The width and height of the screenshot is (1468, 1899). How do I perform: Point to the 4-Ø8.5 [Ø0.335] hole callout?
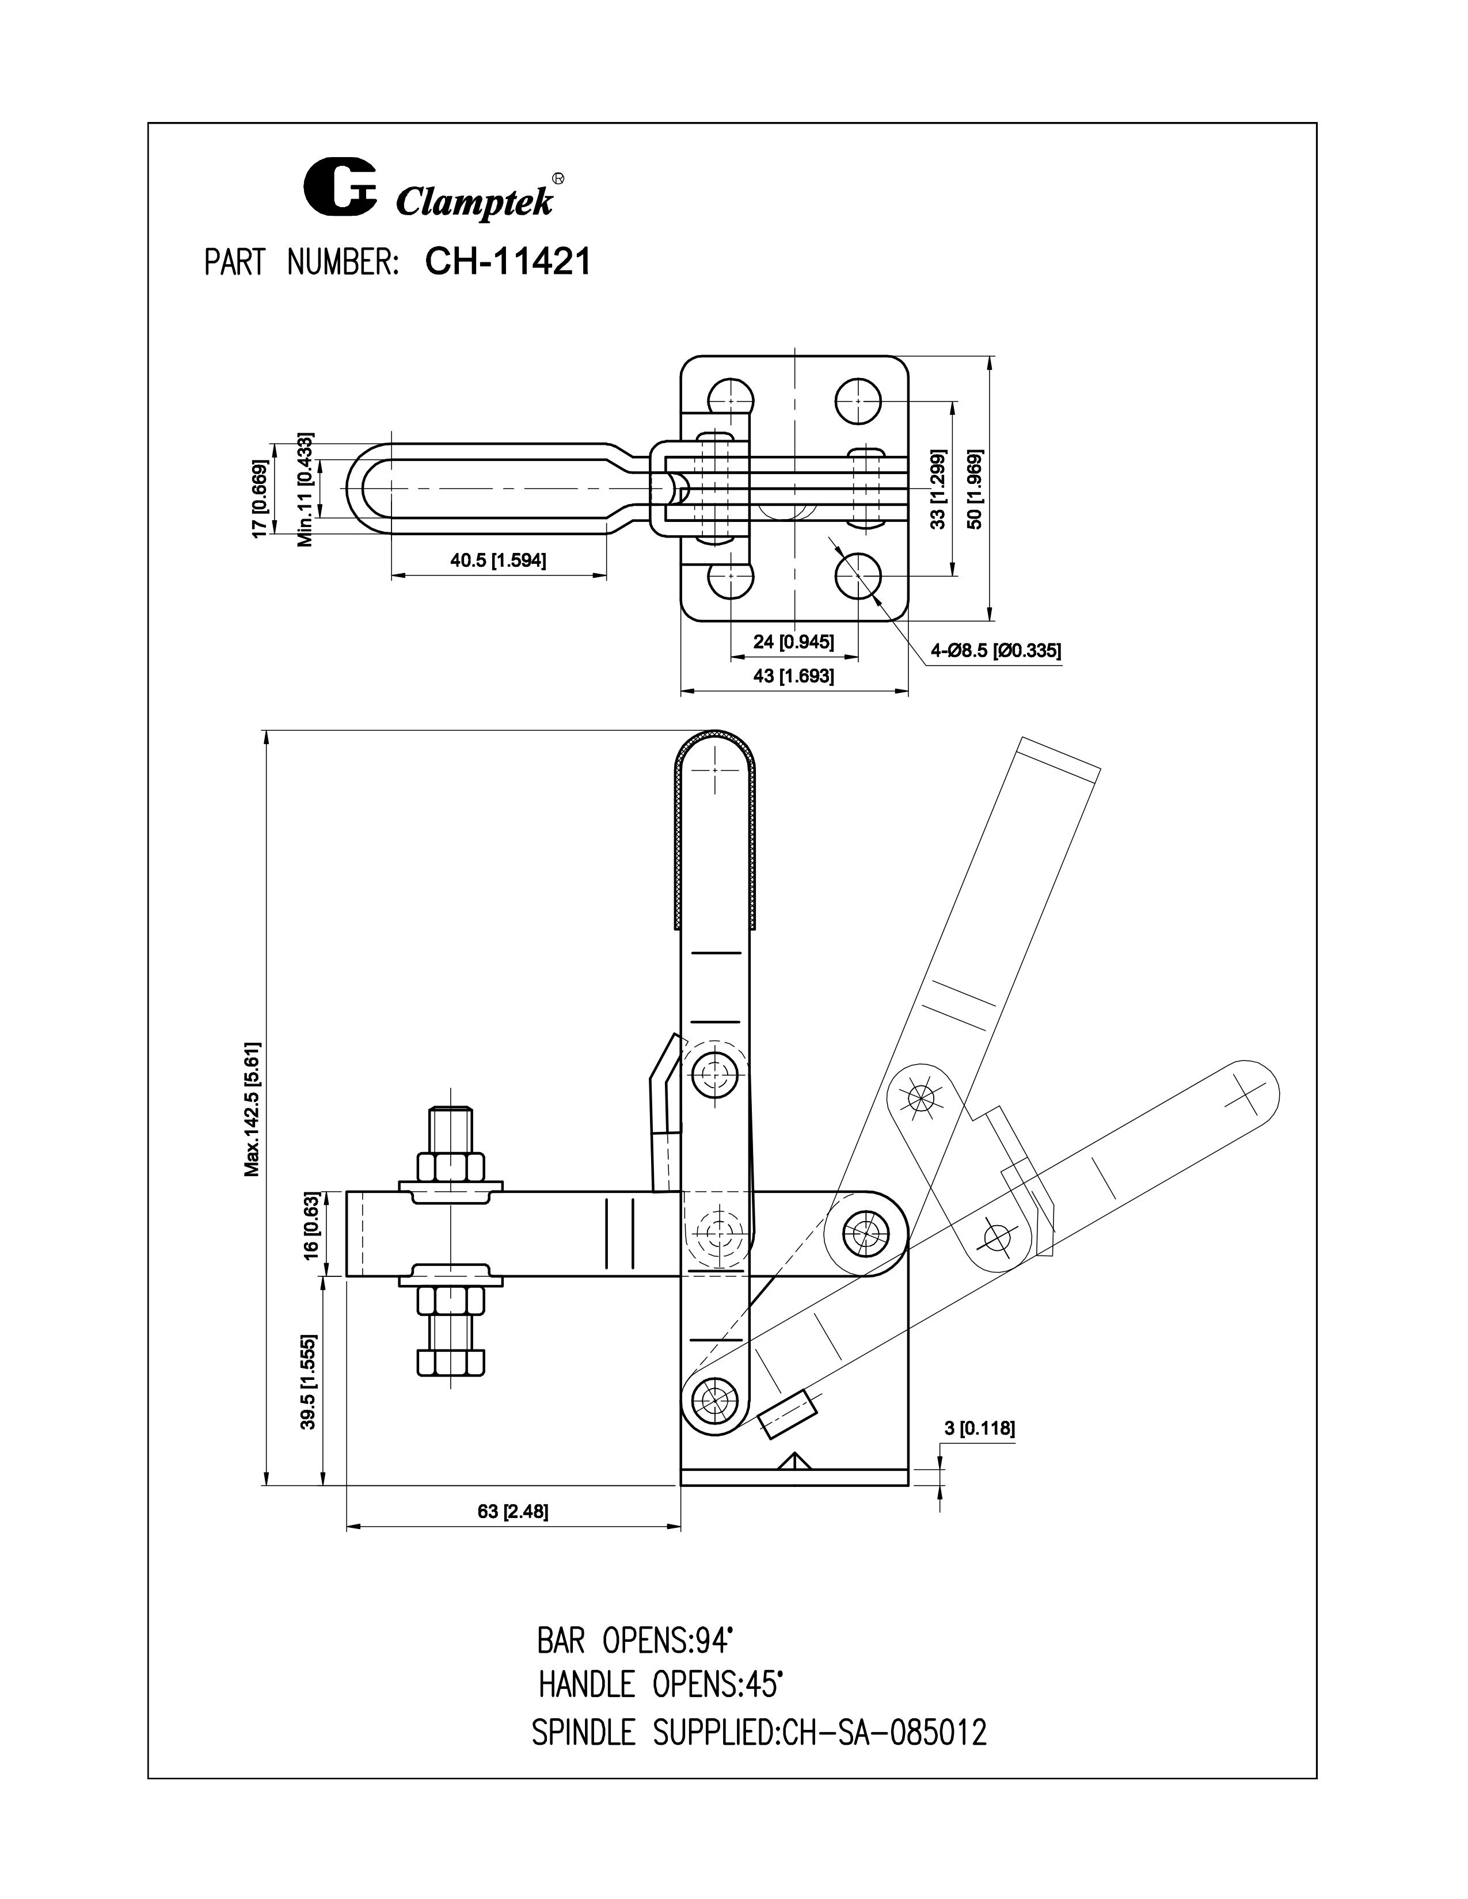point(996,650)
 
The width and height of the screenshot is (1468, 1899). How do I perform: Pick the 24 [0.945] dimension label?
point(793,642)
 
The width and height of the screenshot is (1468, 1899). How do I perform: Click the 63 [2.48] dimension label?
point(512,1511)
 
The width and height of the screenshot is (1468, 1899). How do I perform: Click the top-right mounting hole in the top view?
point(858,401)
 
